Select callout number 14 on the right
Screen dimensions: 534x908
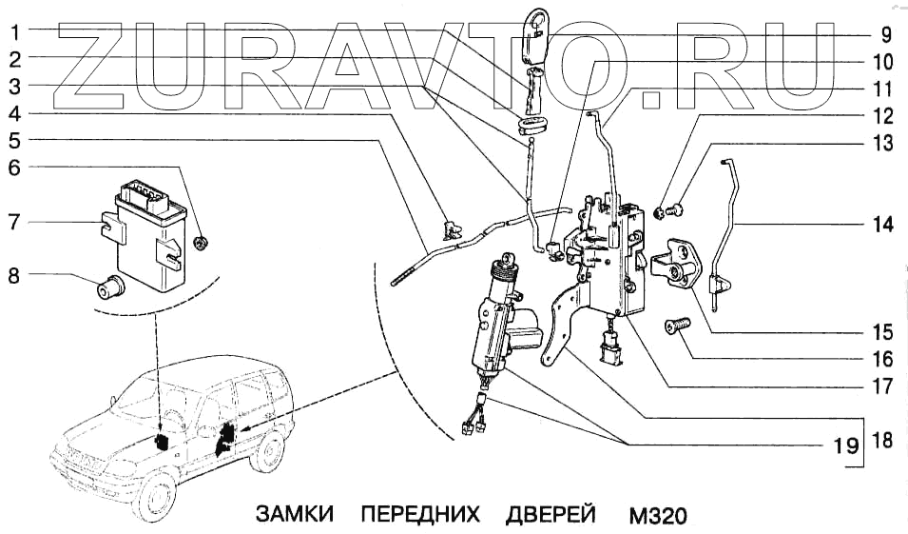point(883,225)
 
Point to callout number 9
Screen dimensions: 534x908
point(884,36)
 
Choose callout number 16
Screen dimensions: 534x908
point(883,359)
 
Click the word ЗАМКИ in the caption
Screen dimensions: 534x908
point(295,514)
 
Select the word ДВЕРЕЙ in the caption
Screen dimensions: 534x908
point(551,514)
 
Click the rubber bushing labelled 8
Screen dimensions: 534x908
point(113,285)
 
